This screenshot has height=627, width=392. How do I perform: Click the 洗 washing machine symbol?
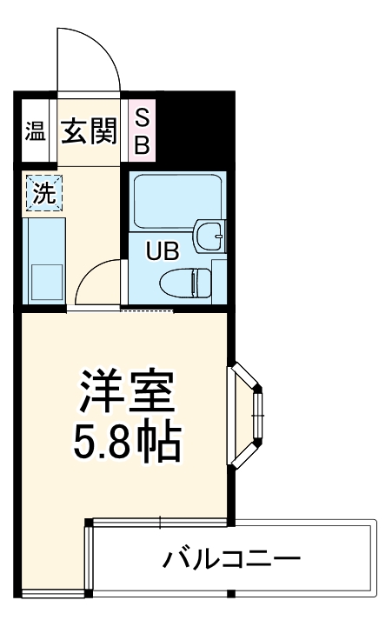(43, 194)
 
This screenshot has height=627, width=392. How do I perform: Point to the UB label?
(162, 252)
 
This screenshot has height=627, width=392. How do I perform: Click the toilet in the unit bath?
(189, 282)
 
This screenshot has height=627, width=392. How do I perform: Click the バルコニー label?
(231, 557)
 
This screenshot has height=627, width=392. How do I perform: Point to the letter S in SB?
(142, 118)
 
